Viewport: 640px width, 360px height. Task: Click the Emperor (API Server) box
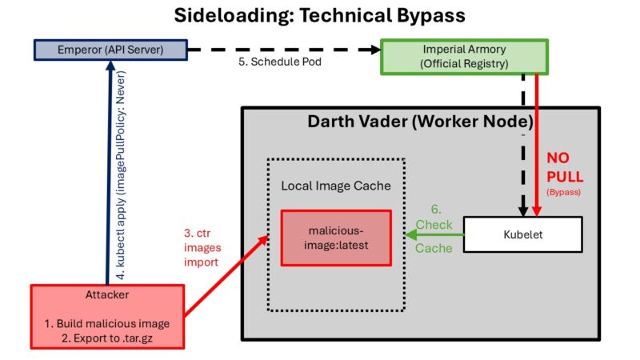[x=111, y=50]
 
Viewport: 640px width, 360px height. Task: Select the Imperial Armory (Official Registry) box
[x=465, y=56]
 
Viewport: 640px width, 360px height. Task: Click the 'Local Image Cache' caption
[x=336, y=186]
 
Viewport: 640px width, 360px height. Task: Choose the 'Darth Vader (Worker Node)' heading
[x=421, y=122]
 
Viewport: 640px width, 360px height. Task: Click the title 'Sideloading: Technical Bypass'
[x=320, y=16]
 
